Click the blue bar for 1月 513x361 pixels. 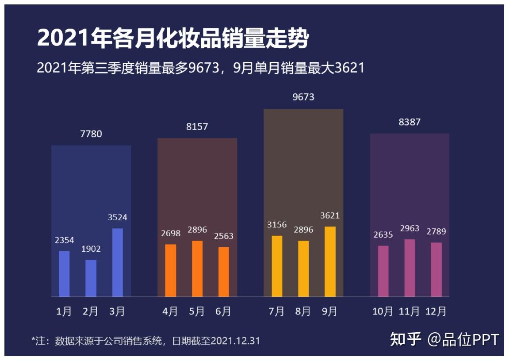(64, 274)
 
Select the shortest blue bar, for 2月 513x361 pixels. (91, 278)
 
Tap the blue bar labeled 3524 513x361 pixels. (118, 262)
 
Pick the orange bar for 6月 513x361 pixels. (224, 272)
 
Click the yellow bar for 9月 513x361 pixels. (330, 261)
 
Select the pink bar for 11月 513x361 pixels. (410, 268)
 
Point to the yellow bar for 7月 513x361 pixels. (277, 266)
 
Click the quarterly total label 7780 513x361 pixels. (91, 134)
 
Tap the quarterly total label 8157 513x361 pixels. (197, 127)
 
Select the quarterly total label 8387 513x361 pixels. (410, 122)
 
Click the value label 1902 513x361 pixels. (91, 249)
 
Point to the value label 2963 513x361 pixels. (410, 228)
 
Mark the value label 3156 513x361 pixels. (277, 225)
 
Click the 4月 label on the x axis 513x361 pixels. (170, 311)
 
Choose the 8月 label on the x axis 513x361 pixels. (303, 311)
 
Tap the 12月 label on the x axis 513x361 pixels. (436, 311)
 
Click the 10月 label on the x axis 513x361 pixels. (383, 311)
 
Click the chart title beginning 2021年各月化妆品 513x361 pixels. (172, 39)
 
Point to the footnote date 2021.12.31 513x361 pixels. (235, 341)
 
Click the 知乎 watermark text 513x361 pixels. (406, 339)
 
